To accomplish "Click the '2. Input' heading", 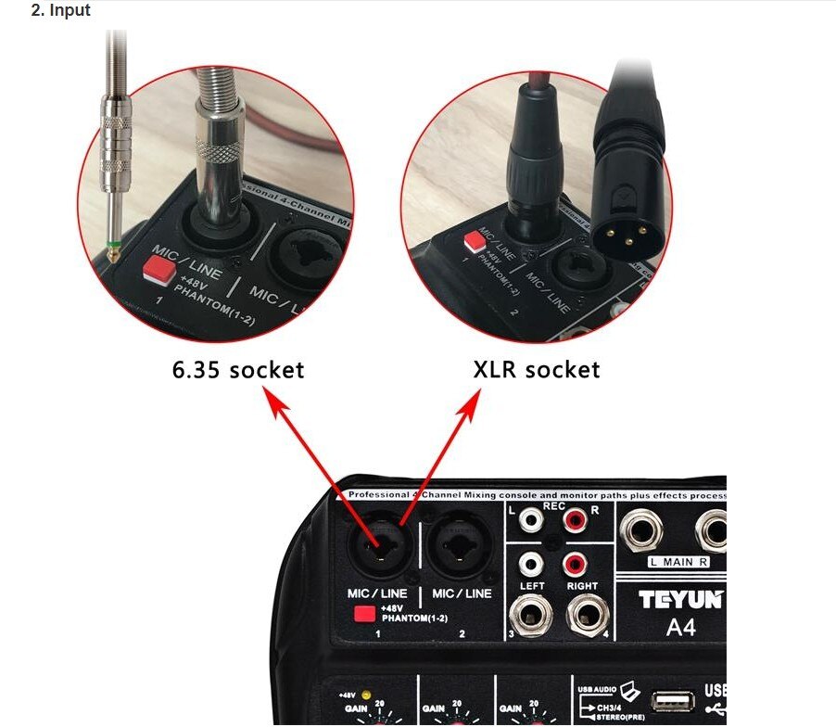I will [61, 11].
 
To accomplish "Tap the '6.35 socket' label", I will [238, 369].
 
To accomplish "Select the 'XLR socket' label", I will [537, 369].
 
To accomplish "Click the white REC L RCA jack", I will [530, 520].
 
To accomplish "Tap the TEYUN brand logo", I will [681, 600].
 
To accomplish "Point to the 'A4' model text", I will [681, 629].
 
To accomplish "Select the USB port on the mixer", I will [671, 702].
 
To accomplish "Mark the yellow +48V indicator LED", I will [368, 694].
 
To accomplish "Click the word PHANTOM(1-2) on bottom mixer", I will [411, 618].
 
